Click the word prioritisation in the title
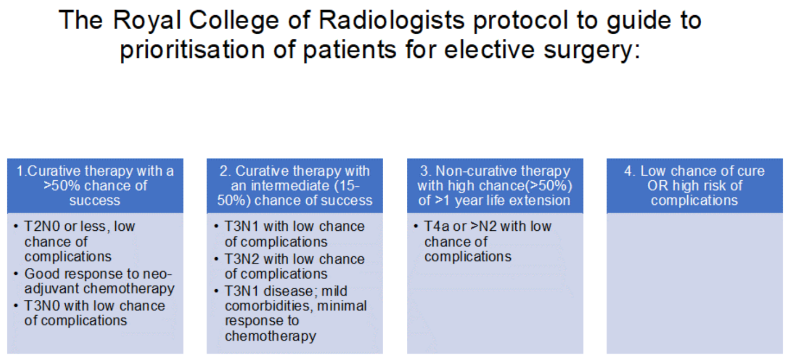click(x=193, y=50)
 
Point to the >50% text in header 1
click(x=61, y=185)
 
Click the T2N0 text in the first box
click(x=42, y=226)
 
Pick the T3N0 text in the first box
click(x=42, y=306)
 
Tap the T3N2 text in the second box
click(x=242, y=259)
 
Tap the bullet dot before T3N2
click(x=216, y=259)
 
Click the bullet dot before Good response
click(x=16, y=274)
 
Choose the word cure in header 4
click(x=750, y=171)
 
